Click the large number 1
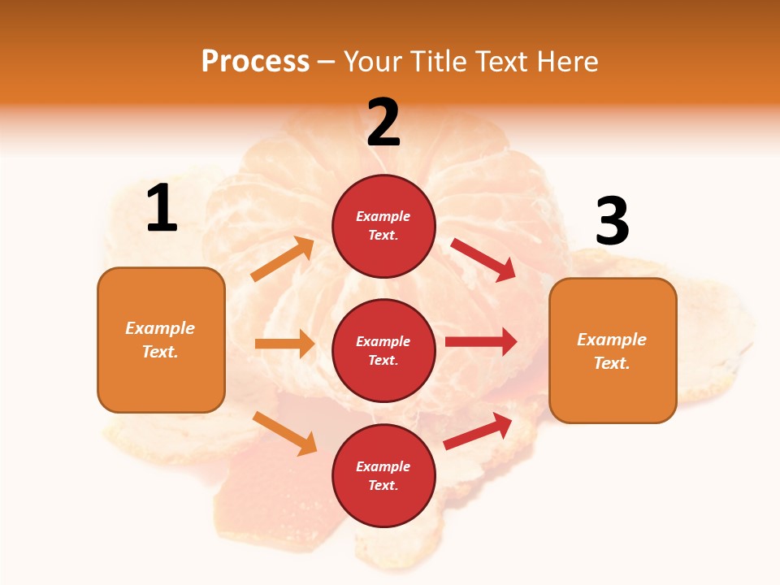click(x=162, y=209)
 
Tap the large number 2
click(x=383, y=123)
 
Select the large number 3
click(x=612, y=222)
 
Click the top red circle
click(x=383, y=226)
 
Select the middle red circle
click(x=383, y=350)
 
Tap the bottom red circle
click(x=383, y=475)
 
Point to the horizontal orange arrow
click(x=284, y=344)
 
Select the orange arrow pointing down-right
click(x=284, y=433)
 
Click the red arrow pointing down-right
click(x=483, y=260)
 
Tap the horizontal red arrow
click(x=481, y=342)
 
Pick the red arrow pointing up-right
click(x=478, y=431)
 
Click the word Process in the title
click(x=255, y=61)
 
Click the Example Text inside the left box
click(x=160, y=340)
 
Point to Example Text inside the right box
click(x=612, y=351)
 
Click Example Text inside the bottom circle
click(x=383, y=475)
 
